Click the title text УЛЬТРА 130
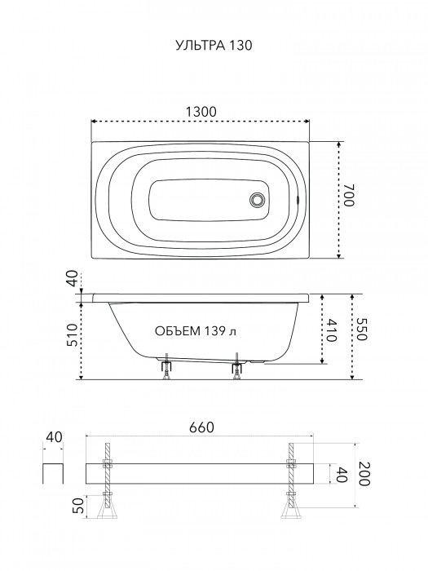pos(214,45)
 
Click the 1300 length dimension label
pos(201,112)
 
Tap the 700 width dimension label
pos(348,196)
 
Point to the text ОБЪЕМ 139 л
pos(196,331)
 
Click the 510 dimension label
pos(72,335)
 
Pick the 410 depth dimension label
pos(330,330)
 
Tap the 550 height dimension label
pos(360,330)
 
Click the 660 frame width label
pos(201,427)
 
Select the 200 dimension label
pos(364,474)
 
